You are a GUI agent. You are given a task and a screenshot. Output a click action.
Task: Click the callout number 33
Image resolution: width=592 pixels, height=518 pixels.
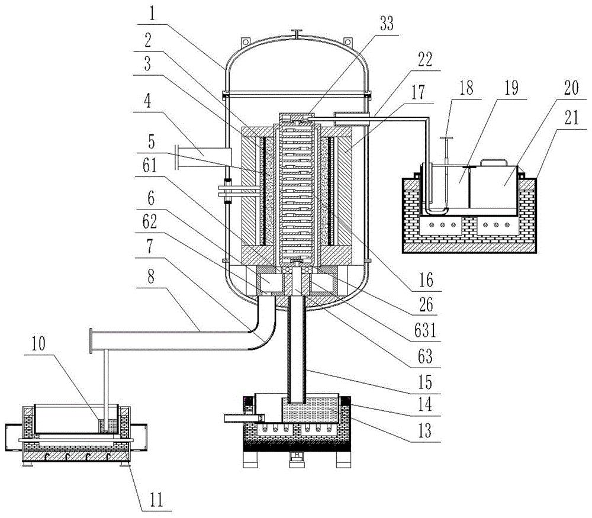pos(386,24)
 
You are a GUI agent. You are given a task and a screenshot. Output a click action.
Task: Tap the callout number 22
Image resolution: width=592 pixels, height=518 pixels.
pos(424,60)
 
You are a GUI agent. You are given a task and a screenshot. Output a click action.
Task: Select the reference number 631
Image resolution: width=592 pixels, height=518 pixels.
pos(425,331)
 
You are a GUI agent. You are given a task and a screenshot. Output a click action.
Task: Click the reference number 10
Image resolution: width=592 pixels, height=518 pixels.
pos(38,343)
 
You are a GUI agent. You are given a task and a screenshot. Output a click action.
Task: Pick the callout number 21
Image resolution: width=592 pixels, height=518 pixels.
pos(571,118)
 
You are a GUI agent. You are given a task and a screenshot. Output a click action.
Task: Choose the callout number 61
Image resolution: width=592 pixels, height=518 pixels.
pos(150,165)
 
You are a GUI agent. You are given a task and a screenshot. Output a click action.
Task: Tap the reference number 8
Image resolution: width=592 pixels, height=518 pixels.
pos(151,276)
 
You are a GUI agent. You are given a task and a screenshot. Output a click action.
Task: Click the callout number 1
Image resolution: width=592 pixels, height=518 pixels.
pos(152,14)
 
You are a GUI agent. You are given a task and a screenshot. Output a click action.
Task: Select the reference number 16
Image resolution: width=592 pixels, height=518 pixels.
pos(426,280)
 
